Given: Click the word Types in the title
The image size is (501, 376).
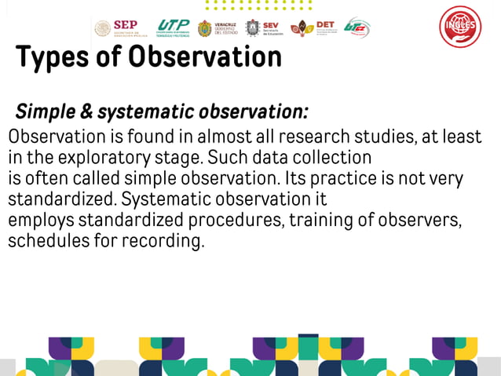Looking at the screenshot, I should click(x=53, y=57).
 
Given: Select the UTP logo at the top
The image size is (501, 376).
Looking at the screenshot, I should click(x=174, y=28).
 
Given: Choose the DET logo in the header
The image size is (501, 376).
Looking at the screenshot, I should click(x=313, y=27).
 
